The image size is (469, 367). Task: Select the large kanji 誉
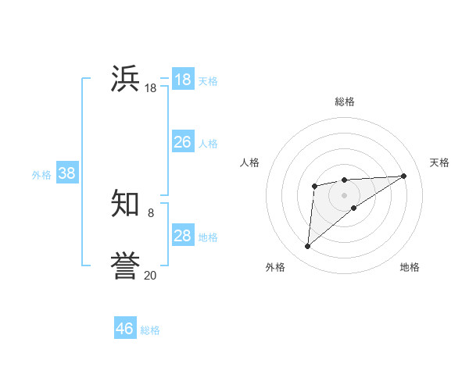point(125,265)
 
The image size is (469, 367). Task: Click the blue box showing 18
point(182,80)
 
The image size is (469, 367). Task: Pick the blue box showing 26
point(182,142)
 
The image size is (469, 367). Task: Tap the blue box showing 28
point(182,236)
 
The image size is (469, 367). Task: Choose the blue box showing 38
point(66,173)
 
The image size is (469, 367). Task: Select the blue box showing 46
point(125,329)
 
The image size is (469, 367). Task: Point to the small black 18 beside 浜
point(150,89)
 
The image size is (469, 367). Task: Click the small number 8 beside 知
point(150,212)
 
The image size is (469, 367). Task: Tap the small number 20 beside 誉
point(150,275)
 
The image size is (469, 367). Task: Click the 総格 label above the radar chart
point(345,102)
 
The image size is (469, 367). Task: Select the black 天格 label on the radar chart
point(439,162)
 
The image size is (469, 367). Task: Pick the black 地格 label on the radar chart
point(410,267)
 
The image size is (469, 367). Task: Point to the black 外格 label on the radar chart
point(275,267)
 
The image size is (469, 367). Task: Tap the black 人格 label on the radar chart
point(250,162)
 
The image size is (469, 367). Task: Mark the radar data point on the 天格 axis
point(403,176)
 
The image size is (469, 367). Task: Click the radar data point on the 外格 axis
point(308,247)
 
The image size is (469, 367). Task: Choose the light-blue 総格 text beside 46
point(150,330)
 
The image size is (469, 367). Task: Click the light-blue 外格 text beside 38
point(41,175)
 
